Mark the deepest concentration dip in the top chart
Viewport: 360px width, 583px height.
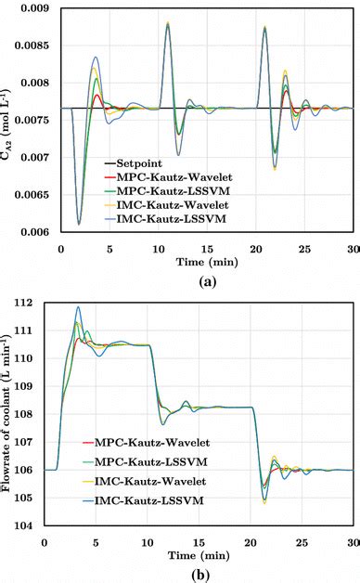tap(79, 224)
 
